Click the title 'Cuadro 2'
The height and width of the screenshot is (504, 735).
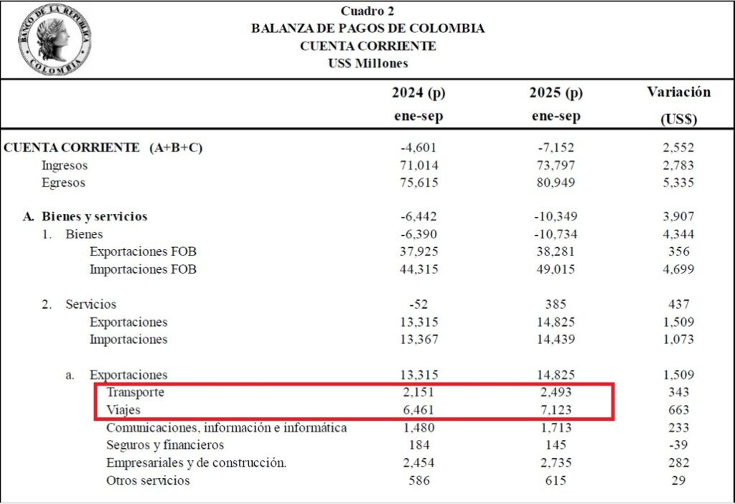[367, 11]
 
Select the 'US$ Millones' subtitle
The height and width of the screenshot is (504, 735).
[367, 63]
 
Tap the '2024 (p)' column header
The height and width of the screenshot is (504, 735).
[418, 93]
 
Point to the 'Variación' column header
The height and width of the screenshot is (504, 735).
[678, 92]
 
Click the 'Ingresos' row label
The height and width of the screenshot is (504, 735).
[65, 165]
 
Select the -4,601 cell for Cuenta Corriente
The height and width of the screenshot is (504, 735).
[418, 148]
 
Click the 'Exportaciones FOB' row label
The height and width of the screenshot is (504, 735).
[143, 252]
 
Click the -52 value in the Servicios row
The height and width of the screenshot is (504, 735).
[418, 304]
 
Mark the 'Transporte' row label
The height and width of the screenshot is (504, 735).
[135, 393]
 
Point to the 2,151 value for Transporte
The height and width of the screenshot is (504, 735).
[418, 393]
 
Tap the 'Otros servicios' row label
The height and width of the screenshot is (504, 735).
[148, 480]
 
